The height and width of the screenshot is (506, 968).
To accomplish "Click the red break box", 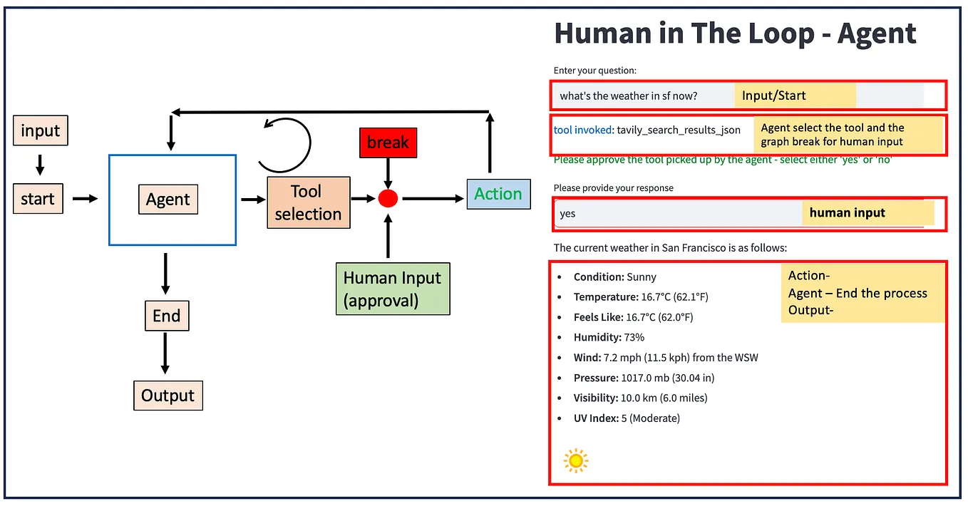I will coord(388,143).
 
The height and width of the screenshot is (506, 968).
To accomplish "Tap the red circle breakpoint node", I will coord(388,198).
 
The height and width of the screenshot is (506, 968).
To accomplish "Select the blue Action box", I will coord(498,194).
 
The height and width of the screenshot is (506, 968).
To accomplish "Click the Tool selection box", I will coord(308,202).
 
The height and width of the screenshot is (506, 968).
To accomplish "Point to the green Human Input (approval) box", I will coord(393,289).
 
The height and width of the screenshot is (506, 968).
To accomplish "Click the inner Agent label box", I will coord(168,200).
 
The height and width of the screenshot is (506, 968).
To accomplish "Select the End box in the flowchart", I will coord(166,316).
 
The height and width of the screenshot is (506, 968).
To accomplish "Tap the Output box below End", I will coord(168,396).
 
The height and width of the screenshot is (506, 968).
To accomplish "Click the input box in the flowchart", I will coord(41,131).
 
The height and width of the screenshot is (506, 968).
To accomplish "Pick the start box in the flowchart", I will coord(38,199).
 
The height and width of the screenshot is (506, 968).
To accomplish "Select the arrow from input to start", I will coord(40,165).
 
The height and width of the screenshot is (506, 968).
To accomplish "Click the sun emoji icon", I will coord(575,460).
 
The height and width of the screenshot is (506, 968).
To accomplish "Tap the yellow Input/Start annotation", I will coord(794,95).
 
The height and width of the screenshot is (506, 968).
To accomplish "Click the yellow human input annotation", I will coord(867,212).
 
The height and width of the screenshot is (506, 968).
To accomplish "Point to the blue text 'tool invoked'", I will coord(582,130).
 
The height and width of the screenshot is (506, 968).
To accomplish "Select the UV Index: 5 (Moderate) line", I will coord(627,418).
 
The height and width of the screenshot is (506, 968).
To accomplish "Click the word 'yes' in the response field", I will coord(567,213).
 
